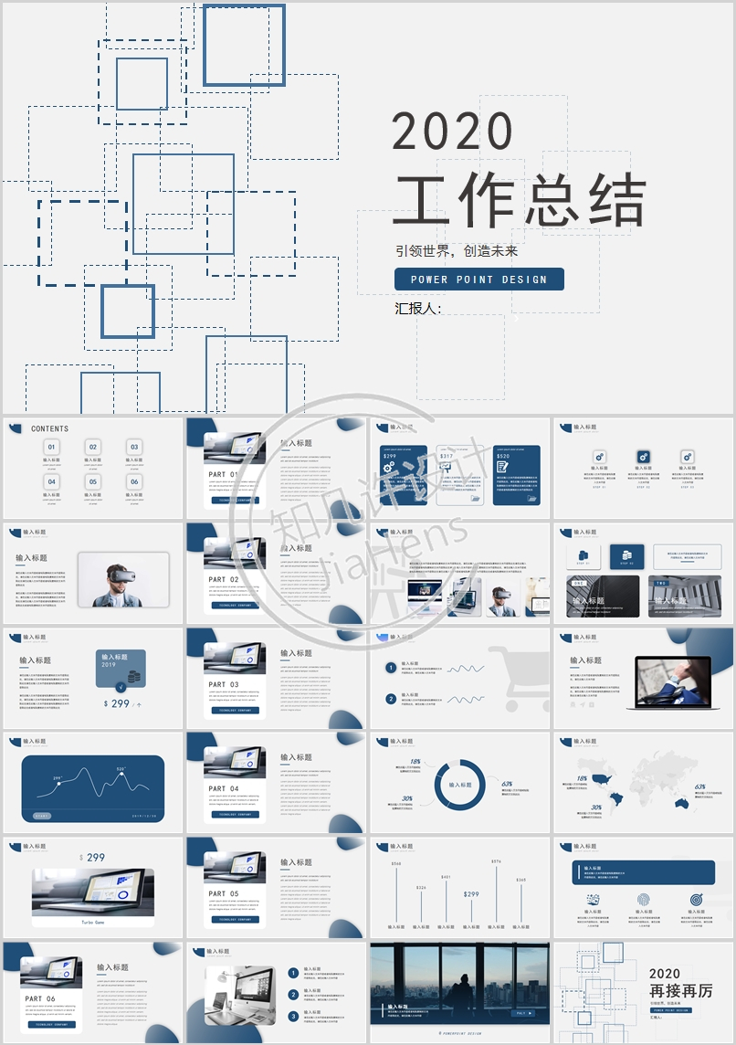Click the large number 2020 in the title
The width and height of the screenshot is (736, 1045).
(x=453, y=132)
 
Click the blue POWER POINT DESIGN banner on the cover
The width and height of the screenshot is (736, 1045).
(x=478, y=280)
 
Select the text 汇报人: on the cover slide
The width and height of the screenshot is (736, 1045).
(x=418, y=309)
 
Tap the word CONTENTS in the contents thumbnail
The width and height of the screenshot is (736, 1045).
(x=49, y=428)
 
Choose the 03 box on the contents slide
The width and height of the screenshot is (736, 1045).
(x=134, y=448)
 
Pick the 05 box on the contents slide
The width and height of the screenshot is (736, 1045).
(x=93, y=481)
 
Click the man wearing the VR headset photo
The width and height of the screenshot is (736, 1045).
(x=122, y=581)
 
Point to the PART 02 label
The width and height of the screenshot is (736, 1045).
(x=224, y=580)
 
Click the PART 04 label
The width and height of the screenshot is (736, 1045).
(x=224, y=788)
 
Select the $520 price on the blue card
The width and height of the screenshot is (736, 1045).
(x=504, y=456)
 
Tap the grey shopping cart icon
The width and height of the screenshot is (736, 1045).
(x=519, y=677)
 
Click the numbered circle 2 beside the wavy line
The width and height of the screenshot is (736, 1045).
(x=391, y=699)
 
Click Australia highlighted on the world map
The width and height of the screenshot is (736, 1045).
(x=681, y=803)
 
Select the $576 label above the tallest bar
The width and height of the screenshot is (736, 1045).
(x=496, y=861)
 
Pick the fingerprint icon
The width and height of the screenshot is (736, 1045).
(x=643, y=900)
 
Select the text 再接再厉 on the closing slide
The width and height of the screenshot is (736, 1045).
(x=680, y=992)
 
